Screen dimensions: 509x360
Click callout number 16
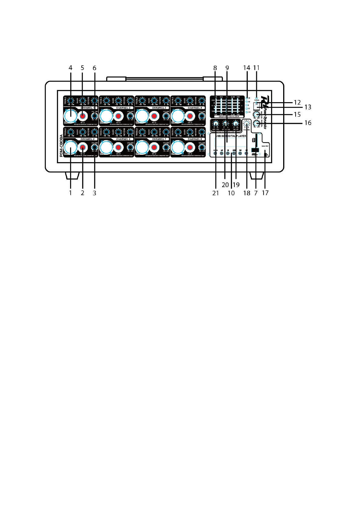pos(308,123)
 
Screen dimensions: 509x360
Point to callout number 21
pos(215,193)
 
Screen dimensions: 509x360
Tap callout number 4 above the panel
pos(70,68)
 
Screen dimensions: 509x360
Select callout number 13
pos(308,107)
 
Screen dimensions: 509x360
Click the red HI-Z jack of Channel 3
pos(154,116)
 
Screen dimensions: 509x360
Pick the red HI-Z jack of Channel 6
pos(118,147)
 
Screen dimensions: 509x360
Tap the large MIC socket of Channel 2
pos(106,116)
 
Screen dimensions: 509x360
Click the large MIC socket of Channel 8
pos(178,147)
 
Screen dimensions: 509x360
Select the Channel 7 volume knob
pos(166,147)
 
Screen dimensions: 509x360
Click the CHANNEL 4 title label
pos(195,108)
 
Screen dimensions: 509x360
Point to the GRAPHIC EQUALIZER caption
pos(229,117)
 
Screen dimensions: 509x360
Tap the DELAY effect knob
pos(235,123)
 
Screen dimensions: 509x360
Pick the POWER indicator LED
pos(257,98)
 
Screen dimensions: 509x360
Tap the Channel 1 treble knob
pos(70,100)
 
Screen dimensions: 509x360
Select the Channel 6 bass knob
pos(118,132)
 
